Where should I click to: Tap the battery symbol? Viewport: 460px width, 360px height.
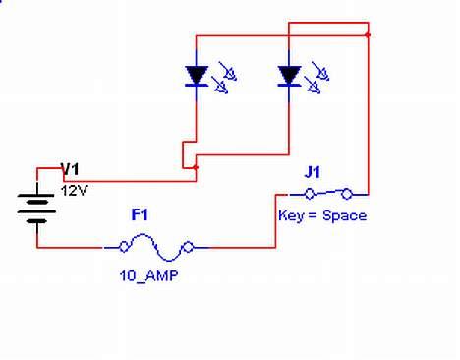37,207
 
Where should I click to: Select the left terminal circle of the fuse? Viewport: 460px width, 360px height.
124,248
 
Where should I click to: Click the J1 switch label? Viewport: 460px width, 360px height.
313,172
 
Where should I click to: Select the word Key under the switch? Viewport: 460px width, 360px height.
291,215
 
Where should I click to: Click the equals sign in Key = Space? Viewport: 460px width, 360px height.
314,215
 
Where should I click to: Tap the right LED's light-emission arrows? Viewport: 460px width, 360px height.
316,79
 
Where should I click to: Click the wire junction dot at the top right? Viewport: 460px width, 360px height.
368,34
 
